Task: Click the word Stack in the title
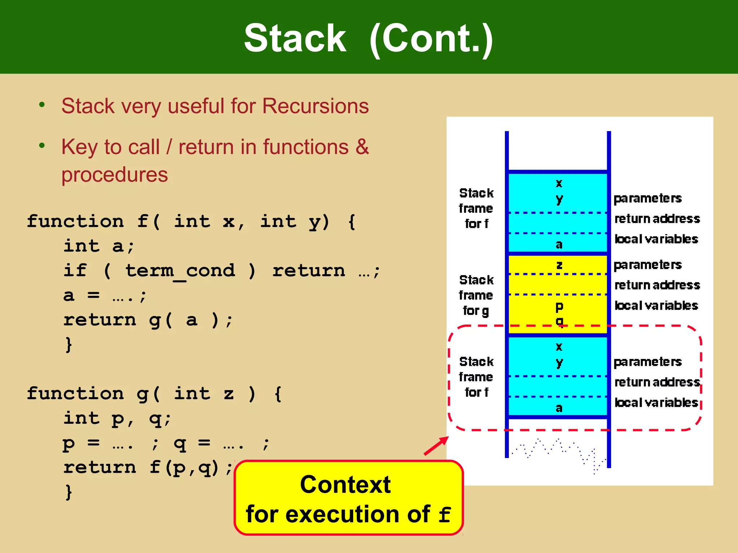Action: click(x=295, y=38)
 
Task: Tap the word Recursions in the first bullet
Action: click(x=315, y=106)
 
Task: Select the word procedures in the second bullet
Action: click(x=115, y=175)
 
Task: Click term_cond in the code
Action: click(x=180, y=271)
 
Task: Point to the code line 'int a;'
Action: click(x=99, y=246)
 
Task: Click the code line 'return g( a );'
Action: click(x=148, y=320)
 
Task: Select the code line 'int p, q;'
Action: click(x=117, y=418)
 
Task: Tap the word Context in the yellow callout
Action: click(x=345, y=485)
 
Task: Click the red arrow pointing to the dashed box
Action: click(x=436, y=446)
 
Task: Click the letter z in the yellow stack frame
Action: click(x=559, y=265)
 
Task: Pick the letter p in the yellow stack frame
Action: click(x=559, y=307)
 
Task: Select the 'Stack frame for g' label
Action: click(x=476, y=295)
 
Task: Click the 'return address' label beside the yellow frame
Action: click(x=657, y=285)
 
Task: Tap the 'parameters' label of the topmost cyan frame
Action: click(x=648, y=198)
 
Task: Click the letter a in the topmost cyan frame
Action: click(x=559, y=245)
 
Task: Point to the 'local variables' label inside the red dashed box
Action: click(x=656, y=403)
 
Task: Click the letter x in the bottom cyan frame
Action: click(x=559, y=347)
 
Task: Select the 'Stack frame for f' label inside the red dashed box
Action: click(x=476, y=377)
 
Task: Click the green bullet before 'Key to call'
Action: click(x=42, y=145)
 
